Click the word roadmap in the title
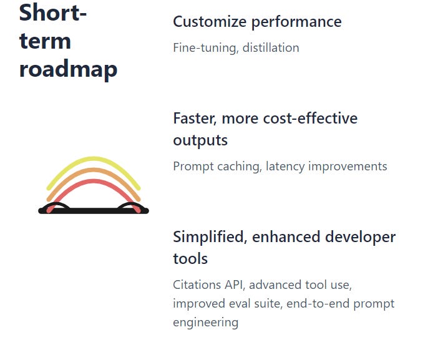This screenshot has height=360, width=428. click(68, 69)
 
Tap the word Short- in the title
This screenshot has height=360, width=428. click(52, 12)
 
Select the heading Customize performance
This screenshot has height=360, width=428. click(257, 22)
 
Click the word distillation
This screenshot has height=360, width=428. click(270, 47)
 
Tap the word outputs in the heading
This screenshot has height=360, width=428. click(200, 140)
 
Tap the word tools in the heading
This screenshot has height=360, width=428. click(190, 258)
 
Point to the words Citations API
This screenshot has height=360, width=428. click(206, 285)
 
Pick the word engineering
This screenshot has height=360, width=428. click(205, 323)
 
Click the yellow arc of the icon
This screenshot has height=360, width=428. click(94, 160)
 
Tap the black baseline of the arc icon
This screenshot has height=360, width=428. click(94, 211)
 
